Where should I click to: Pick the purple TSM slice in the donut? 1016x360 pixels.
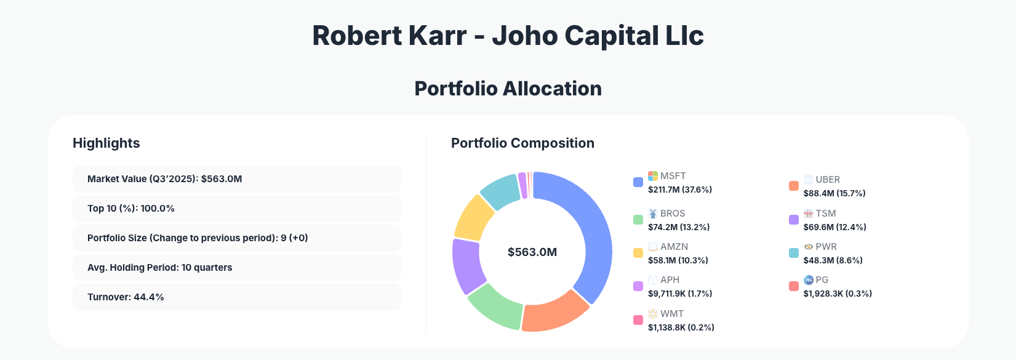tap(466, 265)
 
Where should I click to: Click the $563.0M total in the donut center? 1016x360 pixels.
tap(532, 252)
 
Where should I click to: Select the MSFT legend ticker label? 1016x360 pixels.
tap(673, 176)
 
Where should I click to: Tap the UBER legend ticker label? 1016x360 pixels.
tap(828, 180)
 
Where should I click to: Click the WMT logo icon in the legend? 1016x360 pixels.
tap(653, 314)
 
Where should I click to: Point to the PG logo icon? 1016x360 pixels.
tap(809, 280)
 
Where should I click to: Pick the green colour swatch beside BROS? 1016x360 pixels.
tap(638, 220)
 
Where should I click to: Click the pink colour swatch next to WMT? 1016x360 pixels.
tap(638, 320)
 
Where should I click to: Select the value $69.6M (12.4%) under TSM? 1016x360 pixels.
tap(834, 227)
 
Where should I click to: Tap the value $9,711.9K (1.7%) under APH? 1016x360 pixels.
tap(680, 294)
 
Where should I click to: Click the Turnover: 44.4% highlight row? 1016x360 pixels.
tap(236, 297)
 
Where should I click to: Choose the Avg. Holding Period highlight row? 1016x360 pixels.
tap(236, 268)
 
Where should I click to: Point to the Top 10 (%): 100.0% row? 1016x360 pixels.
tap(236, 209)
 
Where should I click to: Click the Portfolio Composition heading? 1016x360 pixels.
tap(522, 143)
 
